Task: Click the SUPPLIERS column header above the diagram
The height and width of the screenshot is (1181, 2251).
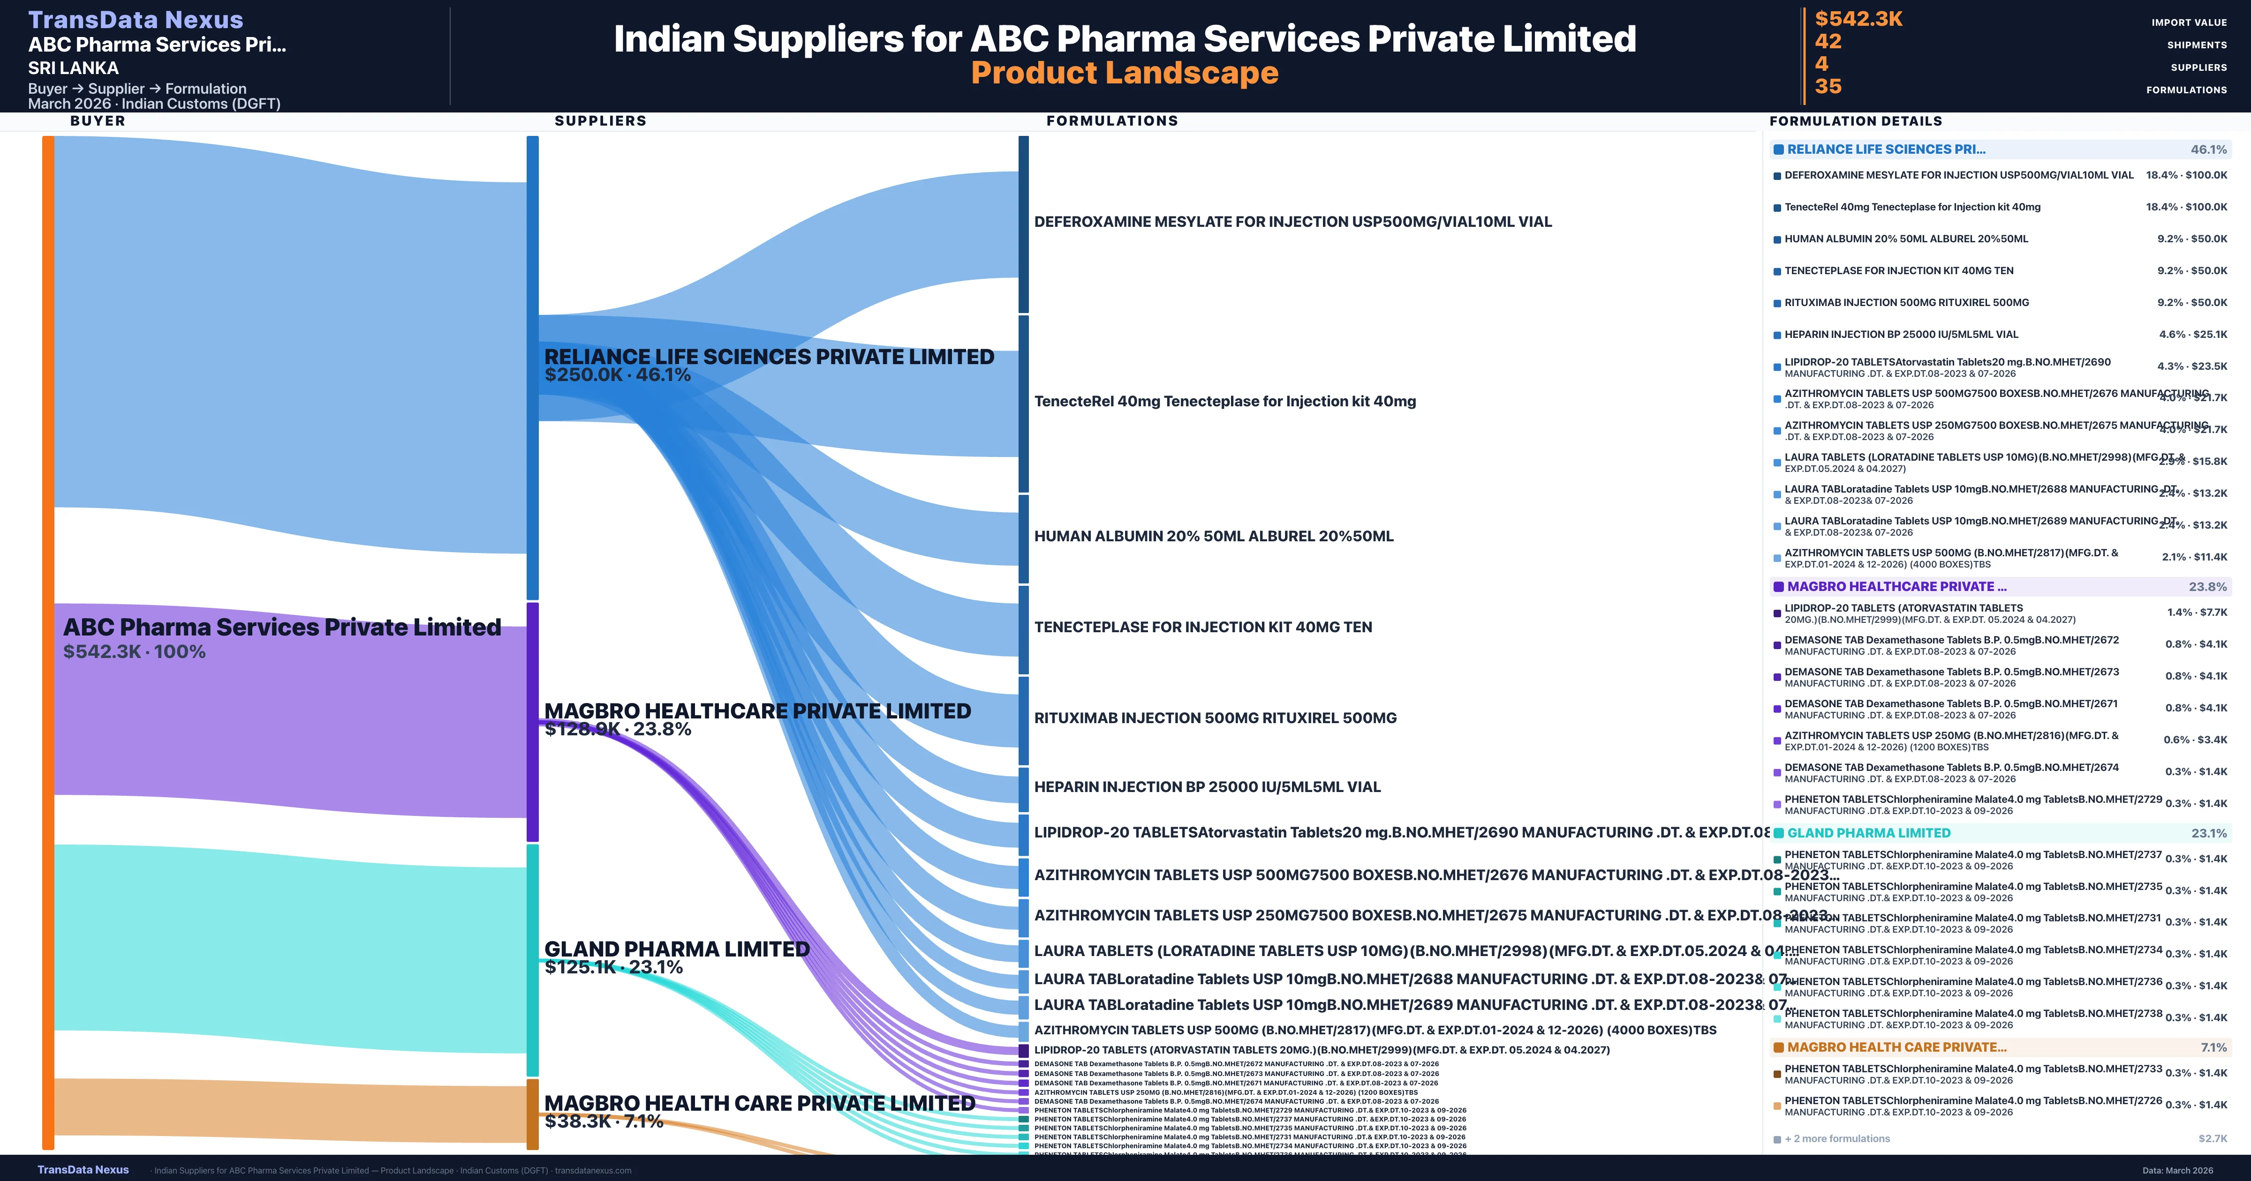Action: coord(600,120)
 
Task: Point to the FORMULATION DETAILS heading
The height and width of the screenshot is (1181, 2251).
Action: coord(1855,121)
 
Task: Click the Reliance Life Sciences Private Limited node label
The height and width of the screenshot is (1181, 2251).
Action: coord(769,356)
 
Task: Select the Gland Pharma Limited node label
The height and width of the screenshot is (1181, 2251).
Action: coord(676,949)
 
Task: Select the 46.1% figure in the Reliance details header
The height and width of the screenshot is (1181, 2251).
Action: coord(2208,149)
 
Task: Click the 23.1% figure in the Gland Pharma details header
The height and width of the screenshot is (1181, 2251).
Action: coord(2208,833)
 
